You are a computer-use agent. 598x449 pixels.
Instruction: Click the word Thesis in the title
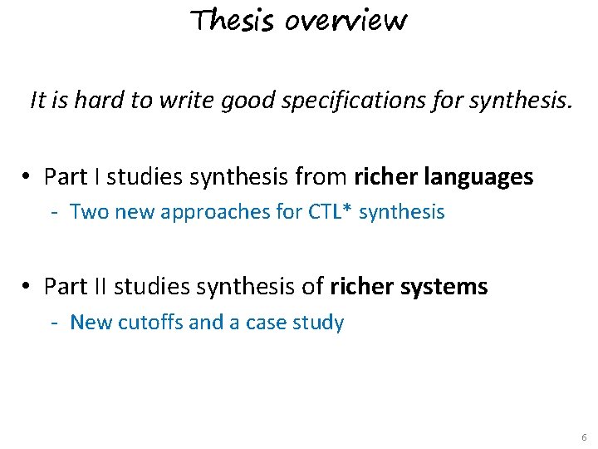pyautogui.click(x=233, y=20)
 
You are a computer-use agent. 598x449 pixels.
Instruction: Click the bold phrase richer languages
pyautogui.click(x=444, y=177)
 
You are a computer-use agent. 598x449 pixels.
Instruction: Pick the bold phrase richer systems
pyautogui.click(x=409, y=287)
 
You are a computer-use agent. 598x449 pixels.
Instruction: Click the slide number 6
pyautogui.click(x=584, y=437)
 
